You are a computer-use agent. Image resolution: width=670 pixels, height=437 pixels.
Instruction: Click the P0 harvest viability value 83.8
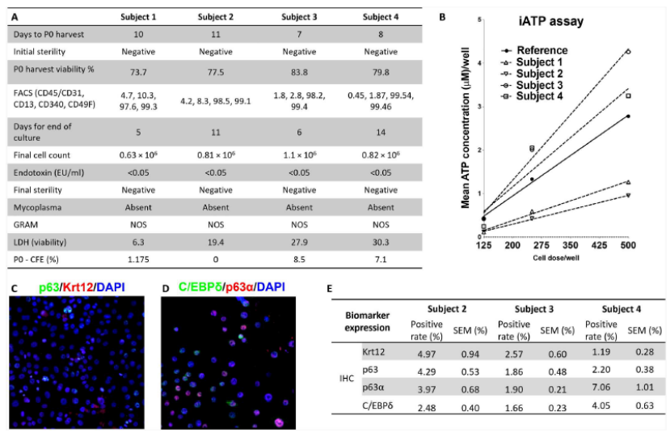(299, 69)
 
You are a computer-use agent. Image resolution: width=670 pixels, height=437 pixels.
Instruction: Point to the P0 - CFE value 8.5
(299, 261)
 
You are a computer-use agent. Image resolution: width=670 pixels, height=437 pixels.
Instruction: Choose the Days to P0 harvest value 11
(216, 35)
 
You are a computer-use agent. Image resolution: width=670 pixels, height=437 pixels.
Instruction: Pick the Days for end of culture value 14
(380, 134)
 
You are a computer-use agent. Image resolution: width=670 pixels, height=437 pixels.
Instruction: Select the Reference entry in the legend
(541, 49)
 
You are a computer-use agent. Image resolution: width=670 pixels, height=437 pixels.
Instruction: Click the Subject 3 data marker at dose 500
(628, 52)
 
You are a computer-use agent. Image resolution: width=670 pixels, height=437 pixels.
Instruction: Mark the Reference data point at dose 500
(628, 117)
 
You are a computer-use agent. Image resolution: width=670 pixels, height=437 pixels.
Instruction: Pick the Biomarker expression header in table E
(356, 319)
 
